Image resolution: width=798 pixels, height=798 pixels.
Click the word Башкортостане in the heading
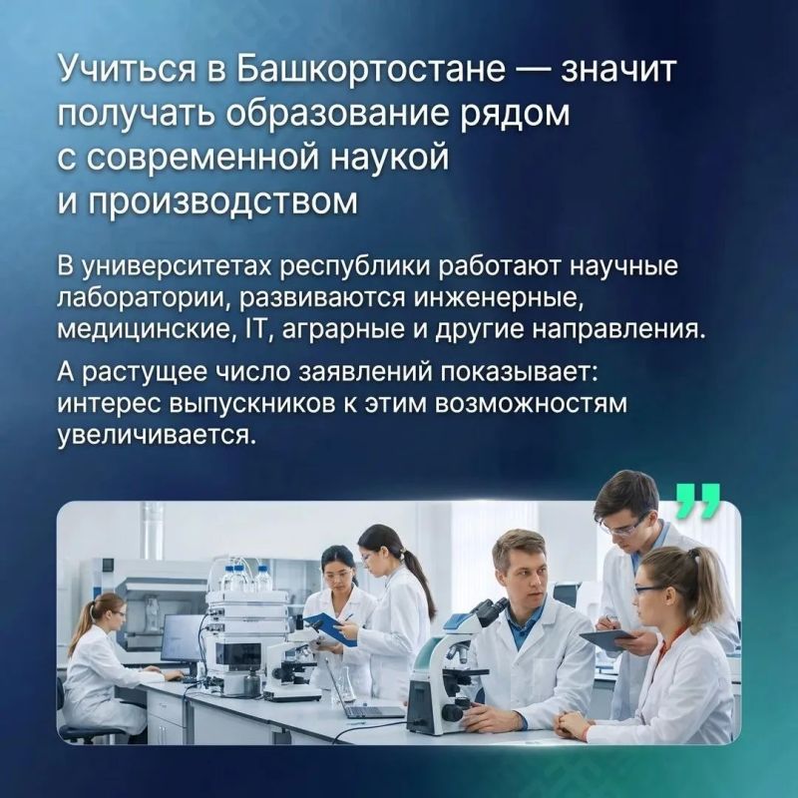pos(372,70)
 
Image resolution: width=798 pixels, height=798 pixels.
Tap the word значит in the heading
pos(618,70)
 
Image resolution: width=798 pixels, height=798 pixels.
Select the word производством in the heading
pos(222,201)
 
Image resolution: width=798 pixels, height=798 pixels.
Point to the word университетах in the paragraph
pos(178,266)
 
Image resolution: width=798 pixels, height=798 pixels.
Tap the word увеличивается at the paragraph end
pos(155,435)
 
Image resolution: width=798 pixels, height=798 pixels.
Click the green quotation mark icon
pos(697,501)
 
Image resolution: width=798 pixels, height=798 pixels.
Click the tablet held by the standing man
pos(607,639)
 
